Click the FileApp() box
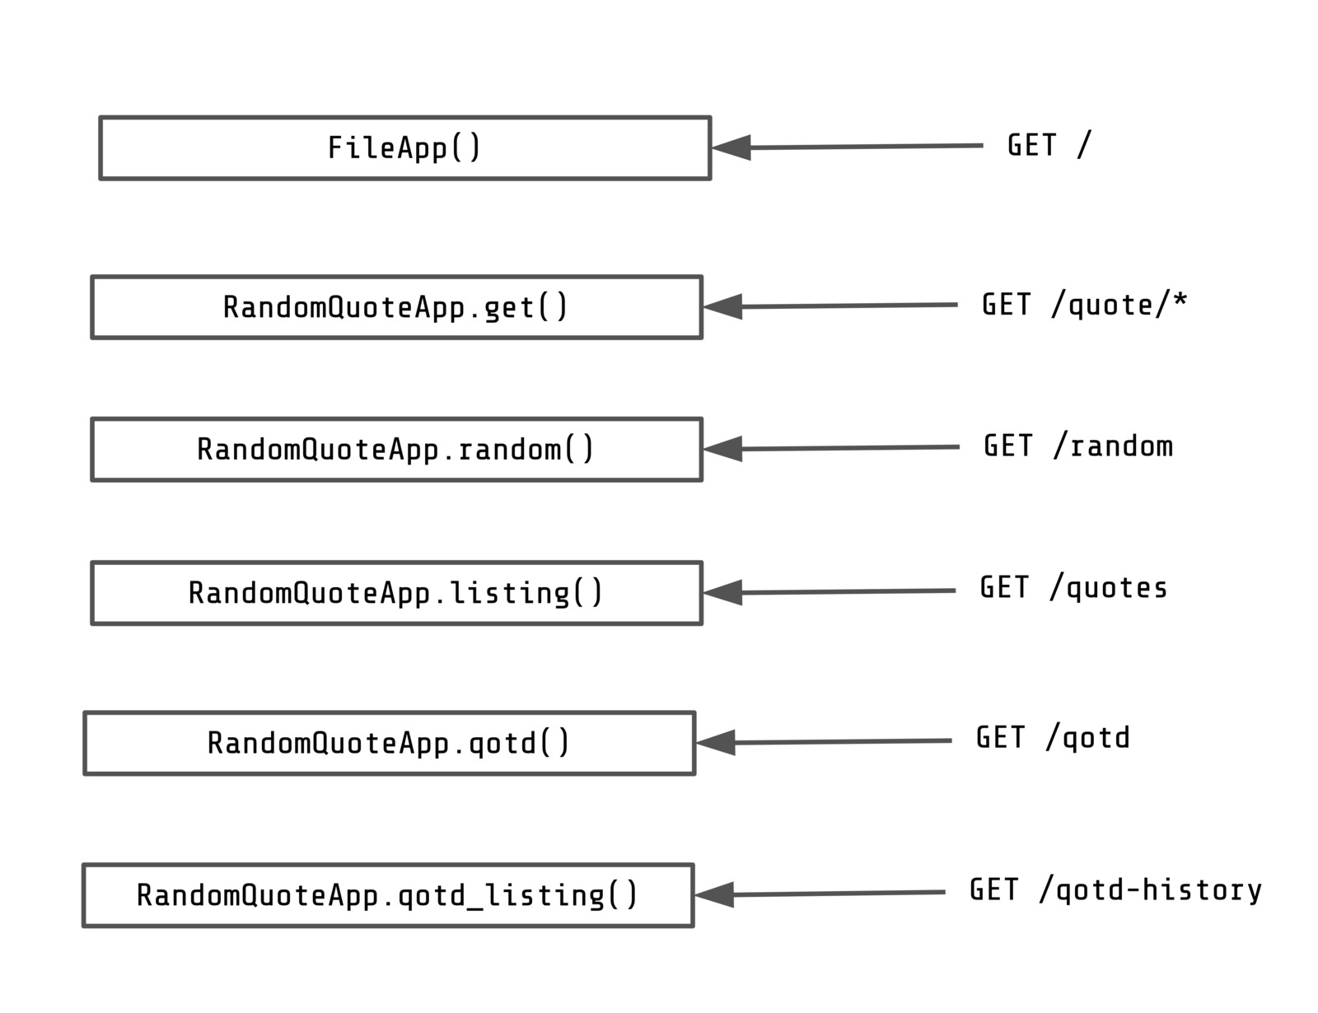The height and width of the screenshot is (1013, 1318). (404, 148)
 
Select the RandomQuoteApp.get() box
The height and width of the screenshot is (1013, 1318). (396, 307)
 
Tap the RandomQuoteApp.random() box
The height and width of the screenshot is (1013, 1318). (396, 450)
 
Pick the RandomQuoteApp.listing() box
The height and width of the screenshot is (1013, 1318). (396, 593)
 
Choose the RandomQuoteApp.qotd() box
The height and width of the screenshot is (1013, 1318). (389, 743)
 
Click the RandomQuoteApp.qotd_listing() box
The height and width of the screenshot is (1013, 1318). (388, 895)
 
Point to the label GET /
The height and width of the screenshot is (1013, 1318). (1049, 146)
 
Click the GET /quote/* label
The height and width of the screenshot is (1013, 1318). (1084, 305)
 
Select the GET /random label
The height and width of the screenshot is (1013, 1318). (1077, 446)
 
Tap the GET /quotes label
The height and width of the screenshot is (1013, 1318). (1073, 588)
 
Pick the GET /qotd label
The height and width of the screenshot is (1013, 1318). (1053, 738)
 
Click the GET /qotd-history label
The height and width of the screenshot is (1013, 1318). (1115, 890)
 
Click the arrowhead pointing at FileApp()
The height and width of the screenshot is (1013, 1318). (732, 148)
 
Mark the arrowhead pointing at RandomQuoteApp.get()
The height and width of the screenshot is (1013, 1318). (724, 307)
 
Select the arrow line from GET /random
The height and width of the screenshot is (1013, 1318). (848, 448)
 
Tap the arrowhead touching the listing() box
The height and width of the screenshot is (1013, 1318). (724, 593)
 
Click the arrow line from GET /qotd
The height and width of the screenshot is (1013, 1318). (840, 742)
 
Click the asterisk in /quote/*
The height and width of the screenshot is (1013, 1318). (1180, 301)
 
